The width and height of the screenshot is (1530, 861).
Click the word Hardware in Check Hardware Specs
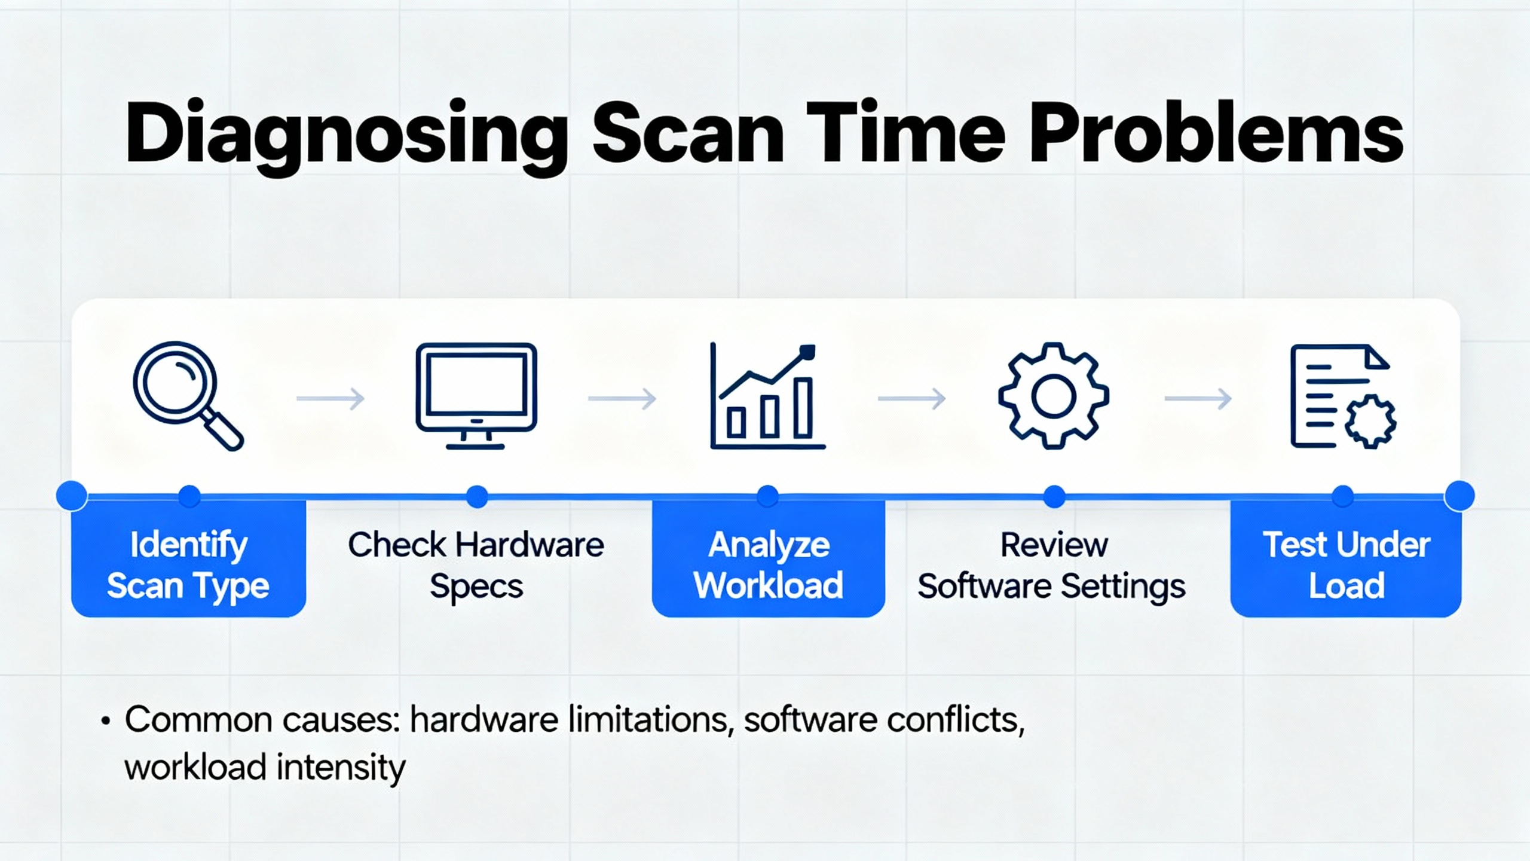click(x=530, y=545)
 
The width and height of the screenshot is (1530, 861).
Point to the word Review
click(x=1054, y=545)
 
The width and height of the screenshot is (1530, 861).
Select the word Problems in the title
click(x=1216, y=133)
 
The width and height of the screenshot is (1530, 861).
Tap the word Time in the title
click(x=905, y=133)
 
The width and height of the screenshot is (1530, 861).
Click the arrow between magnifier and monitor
click(x=331, y=398)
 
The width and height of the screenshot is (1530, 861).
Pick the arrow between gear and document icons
click(x=1198, y=398)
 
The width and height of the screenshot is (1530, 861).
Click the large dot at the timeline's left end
click(x=72, y=496)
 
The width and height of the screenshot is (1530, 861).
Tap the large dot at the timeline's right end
click(x=1459, y=496)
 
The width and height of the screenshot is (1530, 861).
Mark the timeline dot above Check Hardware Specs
click(x=477, y=496)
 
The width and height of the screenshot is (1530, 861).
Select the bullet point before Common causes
click(x=106, y=720)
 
